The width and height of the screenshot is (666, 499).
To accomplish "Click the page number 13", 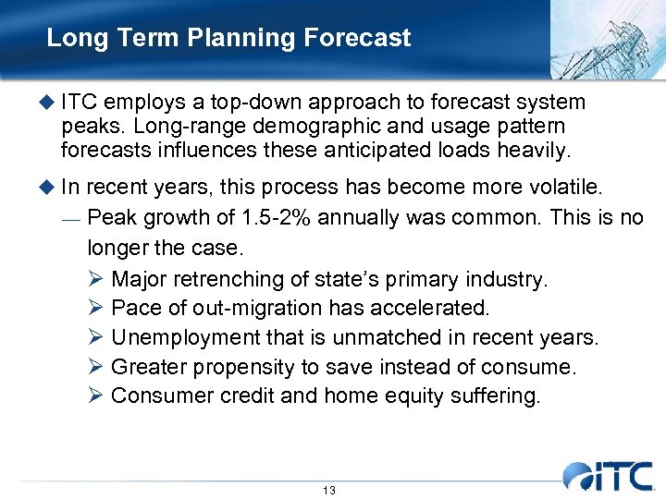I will click(x=329, y=490).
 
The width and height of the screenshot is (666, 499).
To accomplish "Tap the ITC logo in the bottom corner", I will click(x=610, y=476).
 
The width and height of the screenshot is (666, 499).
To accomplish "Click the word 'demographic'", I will click(x=298, y=125).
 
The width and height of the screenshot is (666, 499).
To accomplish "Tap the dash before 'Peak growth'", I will click(x=70, y=219).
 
